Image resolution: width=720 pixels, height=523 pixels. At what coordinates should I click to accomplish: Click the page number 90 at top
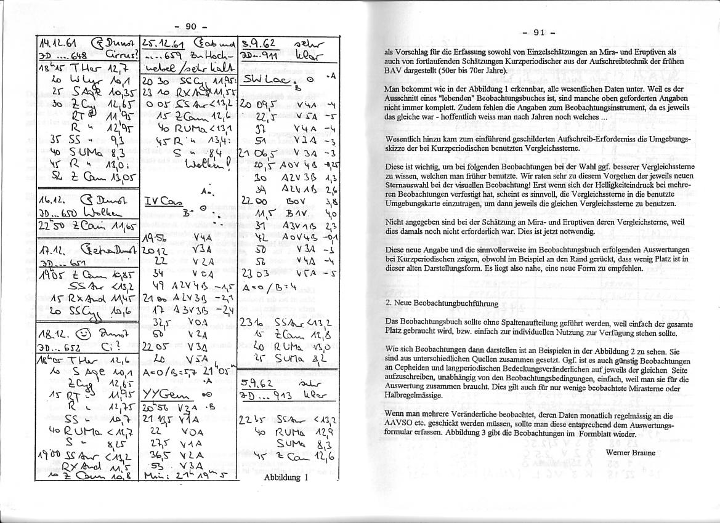(x=190, y=26)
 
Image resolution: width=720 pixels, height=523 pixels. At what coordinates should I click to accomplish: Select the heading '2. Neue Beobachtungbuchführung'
(x=441, y=303)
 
